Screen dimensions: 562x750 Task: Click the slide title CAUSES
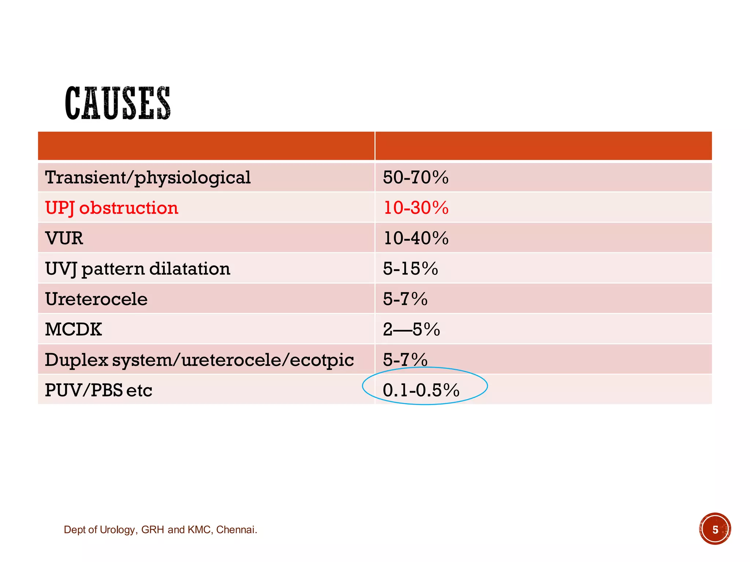pyautogui.click(x=118, y=103)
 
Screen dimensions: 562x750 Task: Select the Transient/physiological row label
pyautogui.click(x=148, y=178)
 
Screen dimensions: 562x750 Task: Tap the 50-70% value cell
pyautogui.click(x=416, y=178)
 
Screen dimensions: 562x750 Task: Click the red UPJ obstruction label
pyautogui.click(x=112, y=208)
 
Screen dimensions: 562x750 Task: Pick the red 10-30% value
pyautogui.click(x=416, y=208)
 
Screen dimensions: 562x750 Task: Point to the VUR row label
pyautogui.click(x=64, y=239)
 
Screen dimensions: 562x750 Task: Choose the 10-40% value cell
pyautogui.click(x=416, y=239)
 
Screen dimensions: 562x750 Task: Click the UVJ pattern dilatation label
pyautogui.click(x=138, y=269)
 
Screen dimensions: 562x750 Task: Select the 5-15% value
pyautogui.click(x=411, y=269)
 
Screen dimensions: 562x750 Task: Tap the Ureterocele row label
pyautogui.click(x=96, y=299)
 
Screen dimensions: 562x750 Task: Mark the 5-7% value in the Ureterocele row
pyautogui.click(x=405, y=299)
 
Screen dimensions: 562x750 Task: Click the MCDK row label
pyautogui.click(x=73, y=330)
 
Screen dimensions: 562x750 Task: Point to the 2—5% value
pyautogui.click(x=411, y=330)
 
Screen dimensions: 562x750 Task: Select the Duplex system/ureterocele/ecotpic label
pyautogui.click(x=199, y=360)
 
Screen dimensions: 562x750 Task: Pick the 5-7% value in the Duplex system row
pyautogui.click(x=405, y=360)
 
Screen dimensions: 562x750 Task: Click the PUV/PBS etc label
pyautogui.click(x=99, y=390)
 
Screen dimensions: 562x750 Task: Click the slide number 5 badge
pyautogui.click(x=715, y=529)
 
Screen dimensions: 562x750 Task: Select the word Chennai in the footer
pyautogui.click(x=236, y=530)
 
